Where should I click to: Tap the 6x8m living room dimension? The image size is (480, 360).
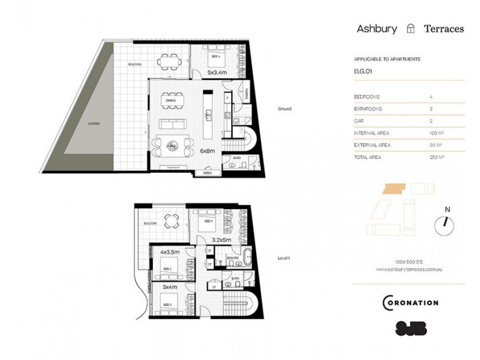point(208,151)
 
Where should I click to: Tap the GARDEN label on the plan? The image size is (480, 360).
point(94,123)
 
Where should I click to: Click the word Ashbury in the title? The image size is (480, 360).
point(377,28)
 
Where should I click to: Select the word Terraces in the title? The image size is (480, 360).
point(443,28)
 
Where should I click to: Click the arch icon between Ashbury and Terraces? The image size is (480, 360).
point(410,28)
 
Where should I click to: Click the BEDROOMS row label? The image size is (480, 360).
point(368,97)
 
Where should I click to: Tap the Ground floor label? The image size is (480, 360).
point(284,109)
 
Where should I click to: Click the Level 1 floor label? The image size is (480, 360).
point(284,258)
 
